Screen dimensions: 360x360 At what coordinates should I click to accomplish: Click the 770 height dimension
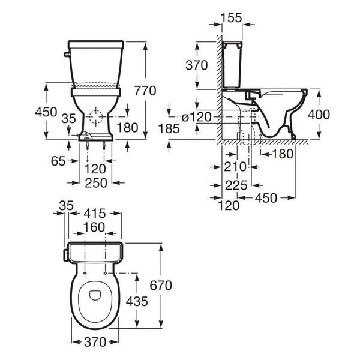[145, 91]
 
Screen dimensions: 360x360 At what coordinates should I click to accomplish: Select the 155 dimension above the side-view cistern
[232, 17]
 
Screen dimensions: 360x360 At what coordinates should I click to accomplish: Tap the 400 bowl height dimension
[319, 115]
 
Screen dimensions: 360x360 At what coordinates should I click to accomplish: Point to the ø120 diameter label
[197, 118]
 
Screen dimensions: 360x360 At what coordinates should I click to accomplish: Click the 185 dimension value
[169, 128]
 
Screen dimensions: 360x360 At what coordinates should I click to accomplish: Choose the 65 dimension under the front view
[58, 161]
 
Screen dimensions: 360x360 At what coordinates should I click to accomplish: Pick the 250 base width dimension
[96, 183]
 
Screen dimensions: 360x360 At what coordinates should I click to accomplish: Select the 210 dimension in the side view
[235, 167]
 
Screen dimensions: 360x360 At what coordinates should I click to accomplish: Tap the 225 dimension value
[236, 185]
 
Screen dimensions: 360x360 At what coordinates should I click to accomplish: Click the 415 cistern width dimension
[95, 214]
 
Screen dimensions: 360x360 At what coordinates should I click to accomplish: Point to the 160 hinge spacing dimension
[94, 227]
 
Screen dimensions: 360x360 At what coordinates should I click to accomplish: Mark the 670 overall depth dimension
[161, 286]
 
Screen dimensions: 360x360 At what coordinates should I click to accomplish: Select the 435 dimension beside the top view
[137, 301]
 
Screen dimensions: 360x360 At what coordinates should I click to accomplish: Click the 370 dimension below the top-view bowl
[95, 342]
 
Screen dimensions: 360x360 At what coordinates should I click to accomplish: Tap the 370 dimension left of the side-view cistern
[197, 65]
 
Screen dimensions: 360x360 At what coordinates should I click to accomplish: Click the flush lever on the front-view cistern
[67, 54]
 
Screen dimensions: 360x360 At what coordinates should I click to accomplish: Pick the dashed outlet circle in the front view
[95, 116]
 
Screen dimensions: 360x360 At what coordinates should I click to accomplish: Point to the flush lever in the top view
[66, 256]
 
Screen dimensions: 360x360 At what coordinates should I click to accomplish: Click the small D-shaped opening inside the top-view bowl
[95, 295]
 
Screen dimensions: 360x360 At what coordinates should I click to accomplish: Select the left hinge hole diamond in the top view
[85, 273]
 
